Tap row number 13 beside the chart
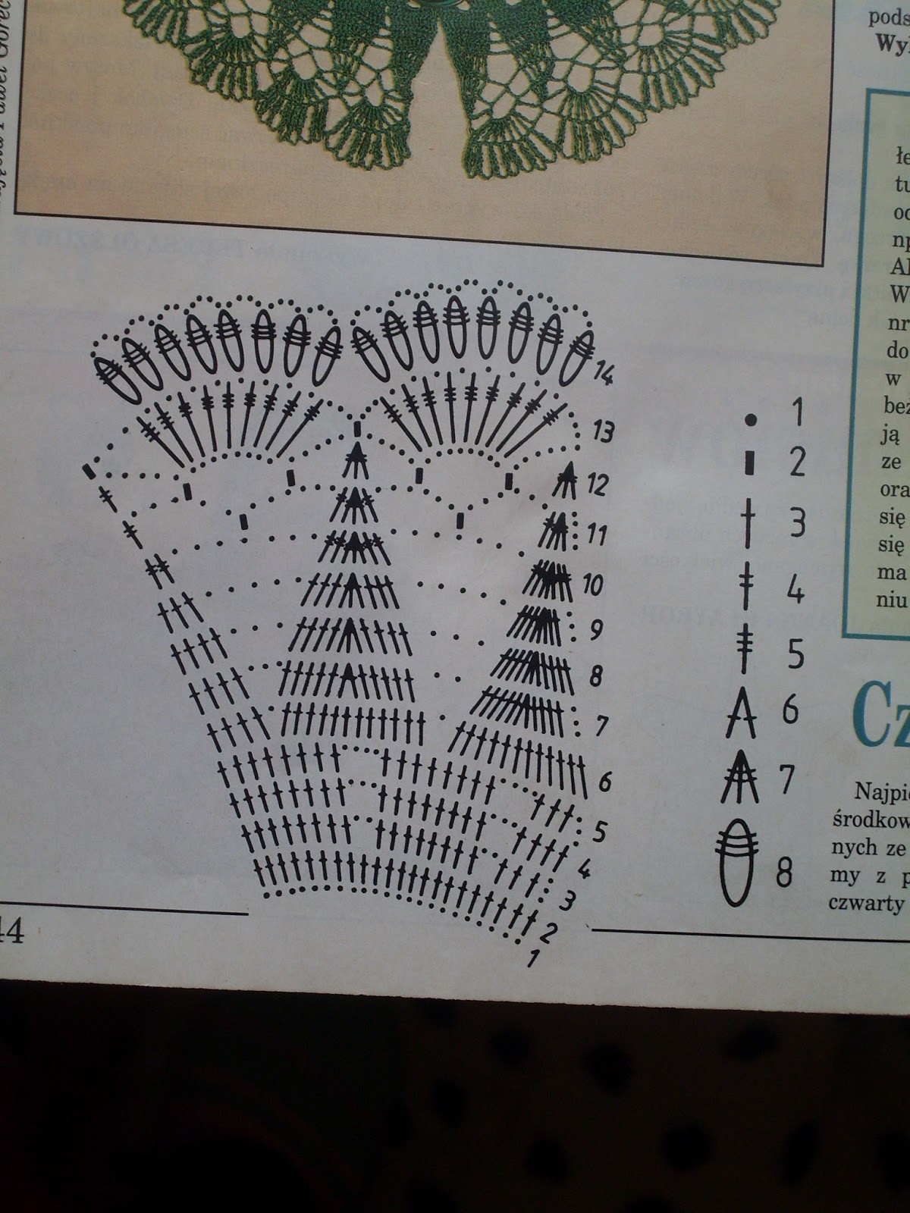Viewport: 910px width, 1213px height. pos(603,433)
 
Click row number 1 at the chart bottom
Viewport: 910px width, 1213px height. pos(532,959)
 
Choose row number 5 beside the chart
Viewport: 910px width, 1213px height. pos(599,831)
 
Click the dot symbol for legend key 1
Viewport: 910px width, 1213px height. pos(751,418)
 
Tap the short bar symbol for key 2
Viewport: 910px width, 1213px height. pos(750,462)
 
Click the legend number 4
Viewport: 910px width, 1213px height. pos(794,591)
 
